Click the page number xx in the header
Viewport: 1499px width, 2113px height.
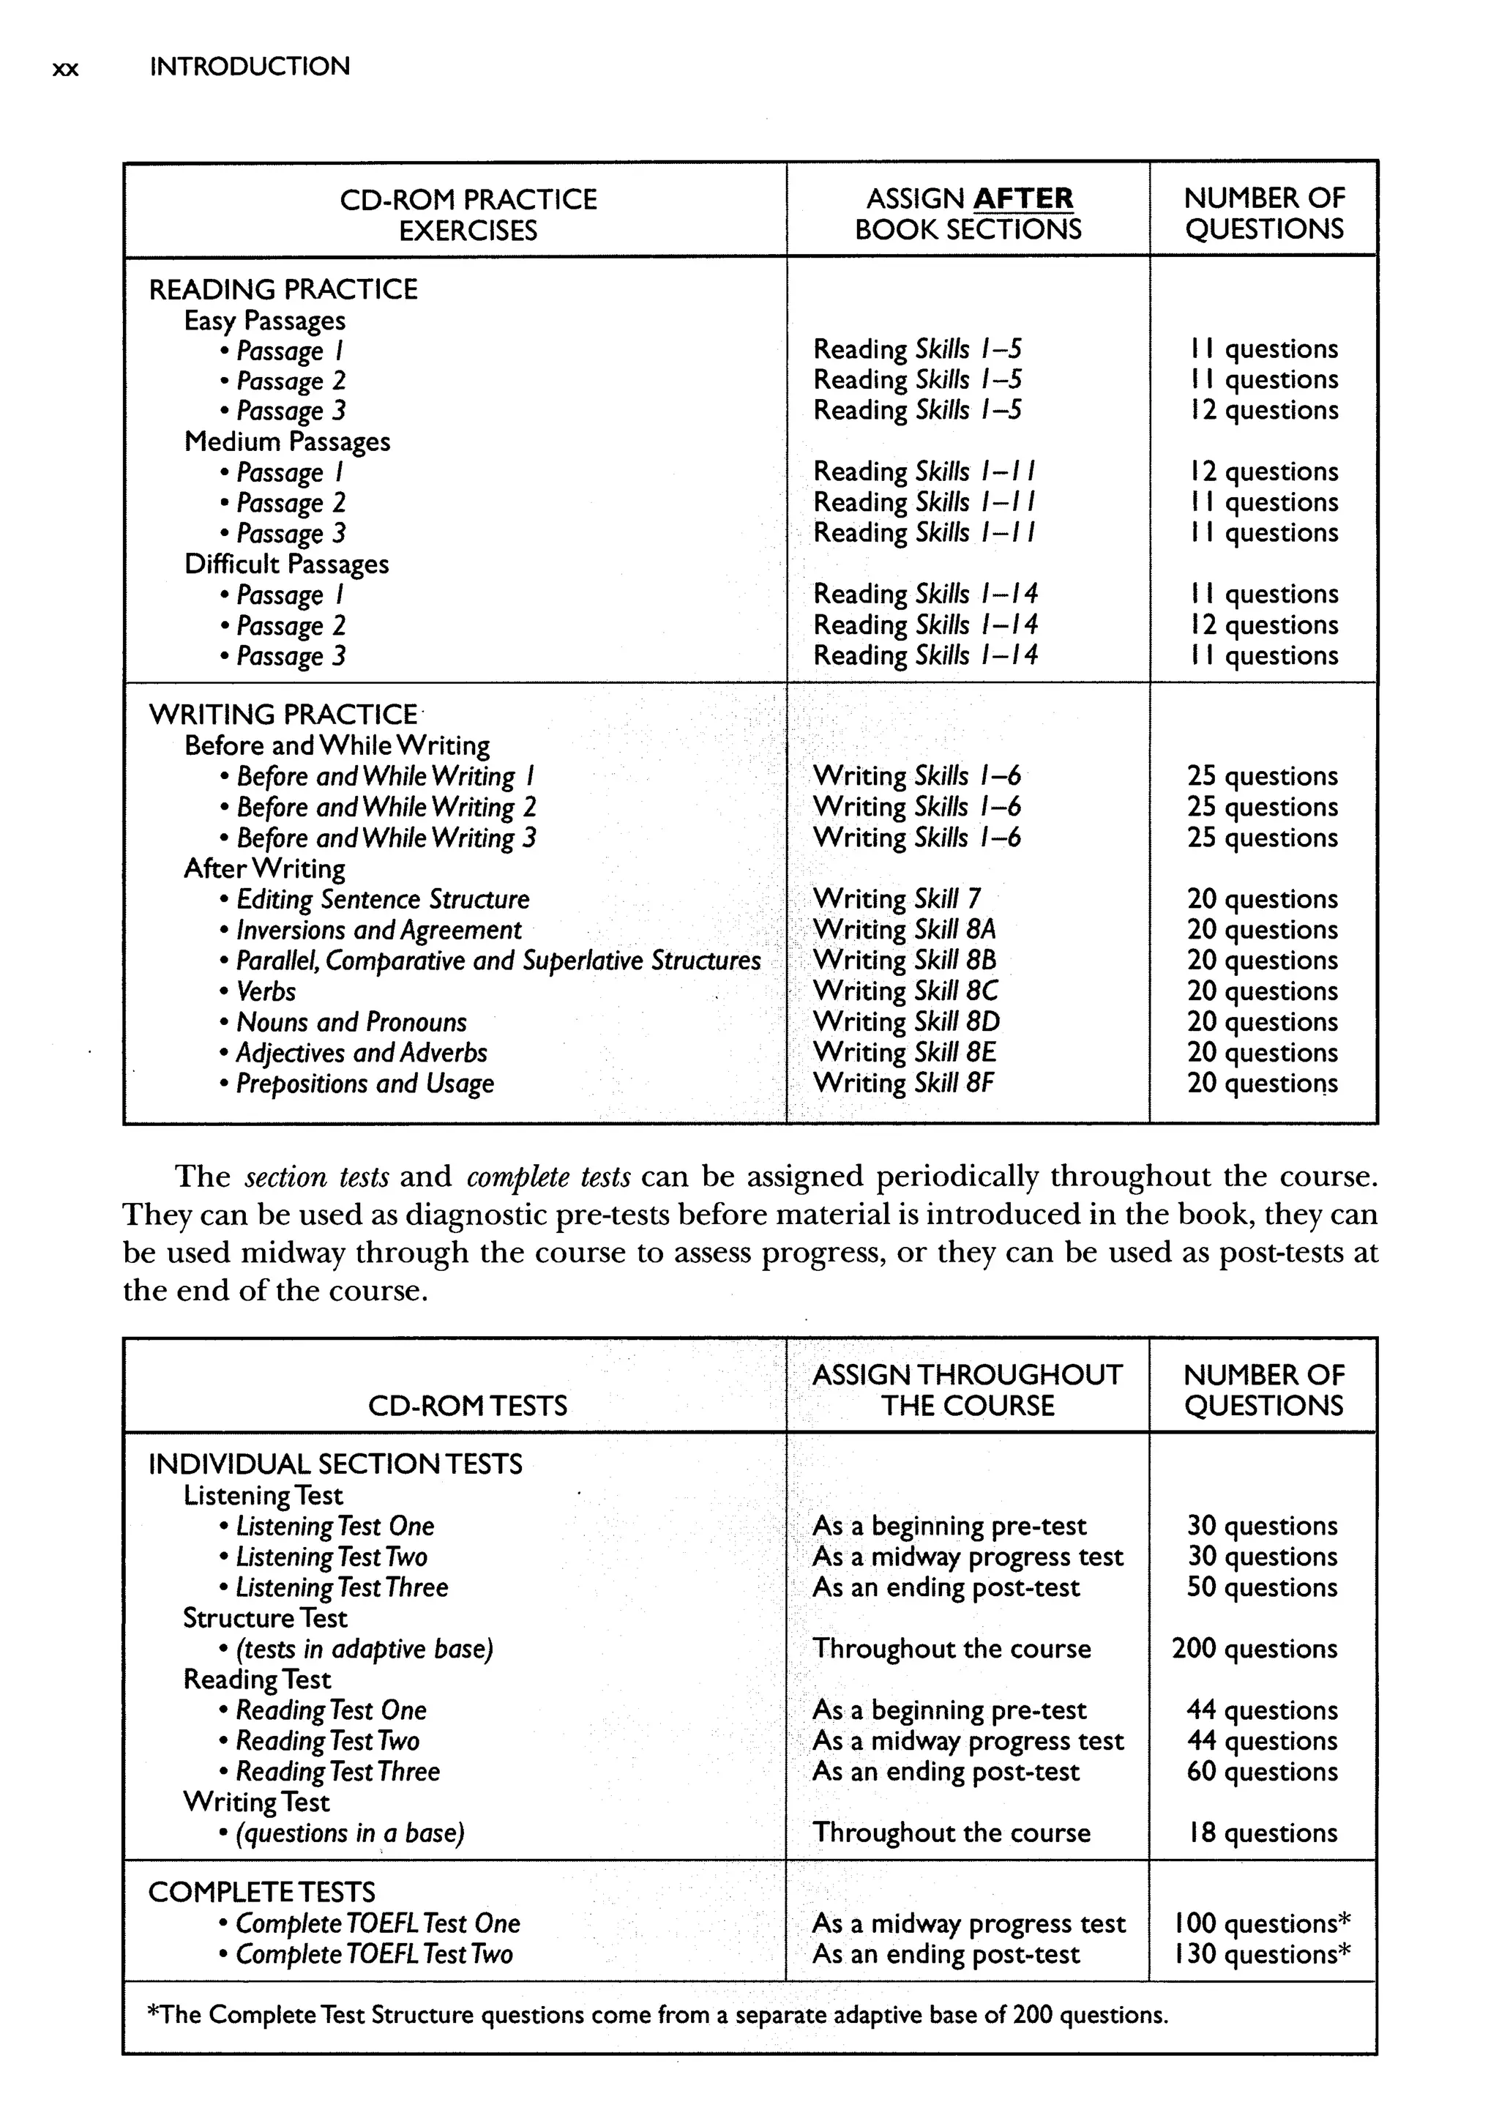(x=66, y=68)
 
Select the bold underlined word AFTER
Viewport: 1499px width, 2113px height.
(x=1023, y=198)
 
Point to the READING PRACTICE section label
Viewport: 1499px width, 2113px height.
(x=283, y=290)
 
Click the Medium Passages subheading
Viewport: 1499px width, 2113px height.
(x=287, y=441)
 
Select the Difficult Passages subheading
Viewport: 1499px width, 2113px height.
(x=286, y=564)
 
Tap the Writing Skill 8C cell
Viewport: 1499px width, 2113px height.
(x=905, y=991)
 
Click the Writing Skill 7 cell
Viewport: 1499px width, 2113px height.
(x=897, y=898)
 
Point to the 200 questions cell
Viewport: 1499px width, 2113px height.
(x=1254, y=1649)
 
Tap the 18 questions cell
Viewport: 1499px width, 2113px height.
(x=1262, y=1833)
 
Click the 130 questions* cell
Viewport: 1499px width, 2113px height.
(x=1262, y=1954)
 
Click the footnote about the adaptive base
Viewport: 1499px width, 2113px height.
(x=657, y=2014)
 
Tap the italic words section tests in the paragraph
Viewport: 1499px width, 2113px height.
(x=315, y=1177)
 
